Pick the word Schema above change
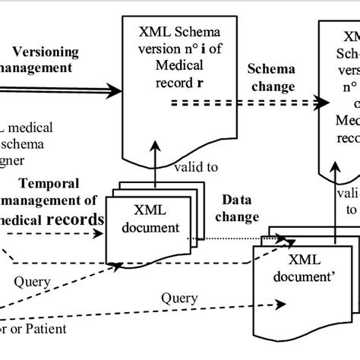click(x=270, y=69)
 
